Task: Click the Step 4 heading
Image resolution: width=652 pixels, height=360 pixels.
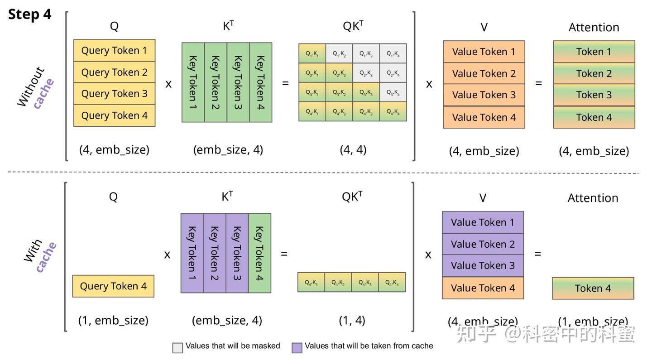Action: [x=30, y=14]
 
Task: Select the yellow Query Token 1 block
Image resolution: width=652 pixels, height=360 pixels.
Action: [x=114, y=50]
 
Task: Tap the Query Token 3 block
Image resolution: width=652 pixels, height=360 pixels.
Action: [x=114, y=94]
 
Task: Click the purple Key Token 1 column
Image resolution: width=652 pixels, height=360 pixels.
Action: [x=192, y=253]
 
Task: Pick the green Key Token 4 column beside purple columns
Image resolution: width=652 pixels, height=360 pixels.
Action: [x=259, y=253]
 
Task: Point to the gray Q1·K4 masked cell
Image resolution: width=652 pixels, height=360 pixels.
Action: [x=393, y=53]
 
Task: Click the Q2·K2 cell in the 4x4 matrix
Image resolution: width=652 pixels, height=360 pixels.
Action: [x=339, y=73]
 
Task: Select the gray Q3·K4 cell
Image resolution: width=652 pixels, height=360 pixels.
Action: [x=393, y=92]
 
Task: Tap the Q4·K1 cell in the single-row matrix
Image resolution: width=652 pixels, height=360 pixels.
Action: [x=311, y=283]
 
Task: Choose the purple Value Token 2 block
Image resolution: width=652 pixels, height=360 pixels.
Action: [x=483, y=244]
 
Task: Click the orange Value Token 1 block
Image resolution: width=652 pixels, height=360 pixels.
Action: [x=484, y=52]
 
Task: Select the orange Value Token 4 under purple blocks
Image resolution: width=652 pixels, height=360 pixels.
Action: [x=483, y=288]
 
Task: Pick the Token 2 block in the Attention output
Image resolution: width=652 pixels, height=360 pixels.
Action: [x=594, y=73]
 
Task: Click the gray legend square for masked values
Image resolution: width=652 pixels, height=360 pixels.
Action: [x=177, y=347]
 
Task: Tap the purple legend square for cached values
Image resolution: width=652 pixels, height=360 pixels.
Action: [x=297, y=347]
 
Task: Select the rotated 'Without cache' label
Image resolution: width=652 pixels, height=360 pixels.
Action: [x=36, y=87]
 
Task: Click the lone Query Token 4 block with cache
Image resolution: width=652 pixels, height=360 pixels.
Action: [x=113, y=286]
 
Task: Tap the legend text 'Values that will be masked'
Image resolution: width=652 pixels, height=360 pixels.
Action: [x=233, y=346]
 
